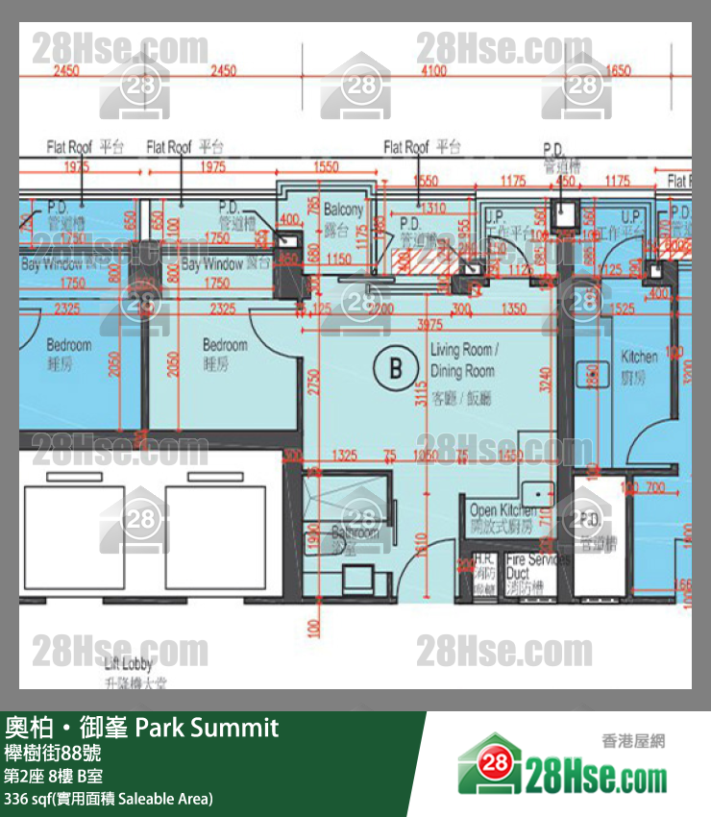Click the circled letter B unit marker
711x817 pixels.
click(394, 367)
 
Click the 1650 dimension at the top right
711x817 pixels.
click(619, 70)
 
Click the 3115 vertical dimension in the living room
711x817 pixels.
click(419, 388)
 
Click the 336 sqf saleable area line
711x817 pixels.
click(109, 799)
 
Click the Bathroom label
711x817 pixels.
click(355, 532)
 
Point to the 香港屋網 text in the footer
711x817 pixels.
click(633, 741)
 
